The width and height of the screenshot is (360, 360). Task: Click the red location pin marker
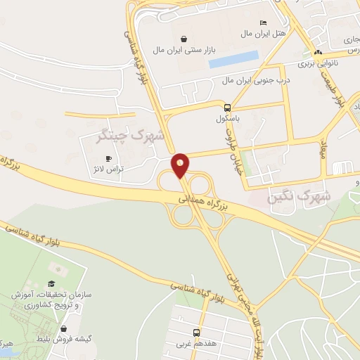[181, 164]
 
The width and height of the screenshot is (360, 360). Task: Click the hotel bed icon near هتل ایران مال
[263, 22]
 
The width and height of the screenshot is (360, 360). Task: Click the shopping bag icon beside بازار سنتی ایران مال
[184, 39]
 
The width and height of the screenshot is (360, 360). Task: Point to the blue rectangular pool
[233, 60]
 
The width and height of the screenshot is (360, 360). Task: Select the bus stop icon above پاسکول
[227, 108]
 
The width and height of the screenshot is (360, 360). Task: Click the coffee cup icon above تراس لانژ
[108, 158]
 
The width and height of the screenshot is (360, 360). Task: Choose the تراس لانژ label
[109, 170]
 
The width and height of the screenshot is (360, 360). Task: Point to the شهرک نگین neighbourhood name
[300, 196]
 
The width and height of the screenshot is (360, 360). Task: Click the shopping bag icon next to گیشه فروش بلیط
[64, 328]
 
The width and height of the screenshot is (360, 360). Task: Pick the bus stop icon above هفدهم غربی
[196, 333]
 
